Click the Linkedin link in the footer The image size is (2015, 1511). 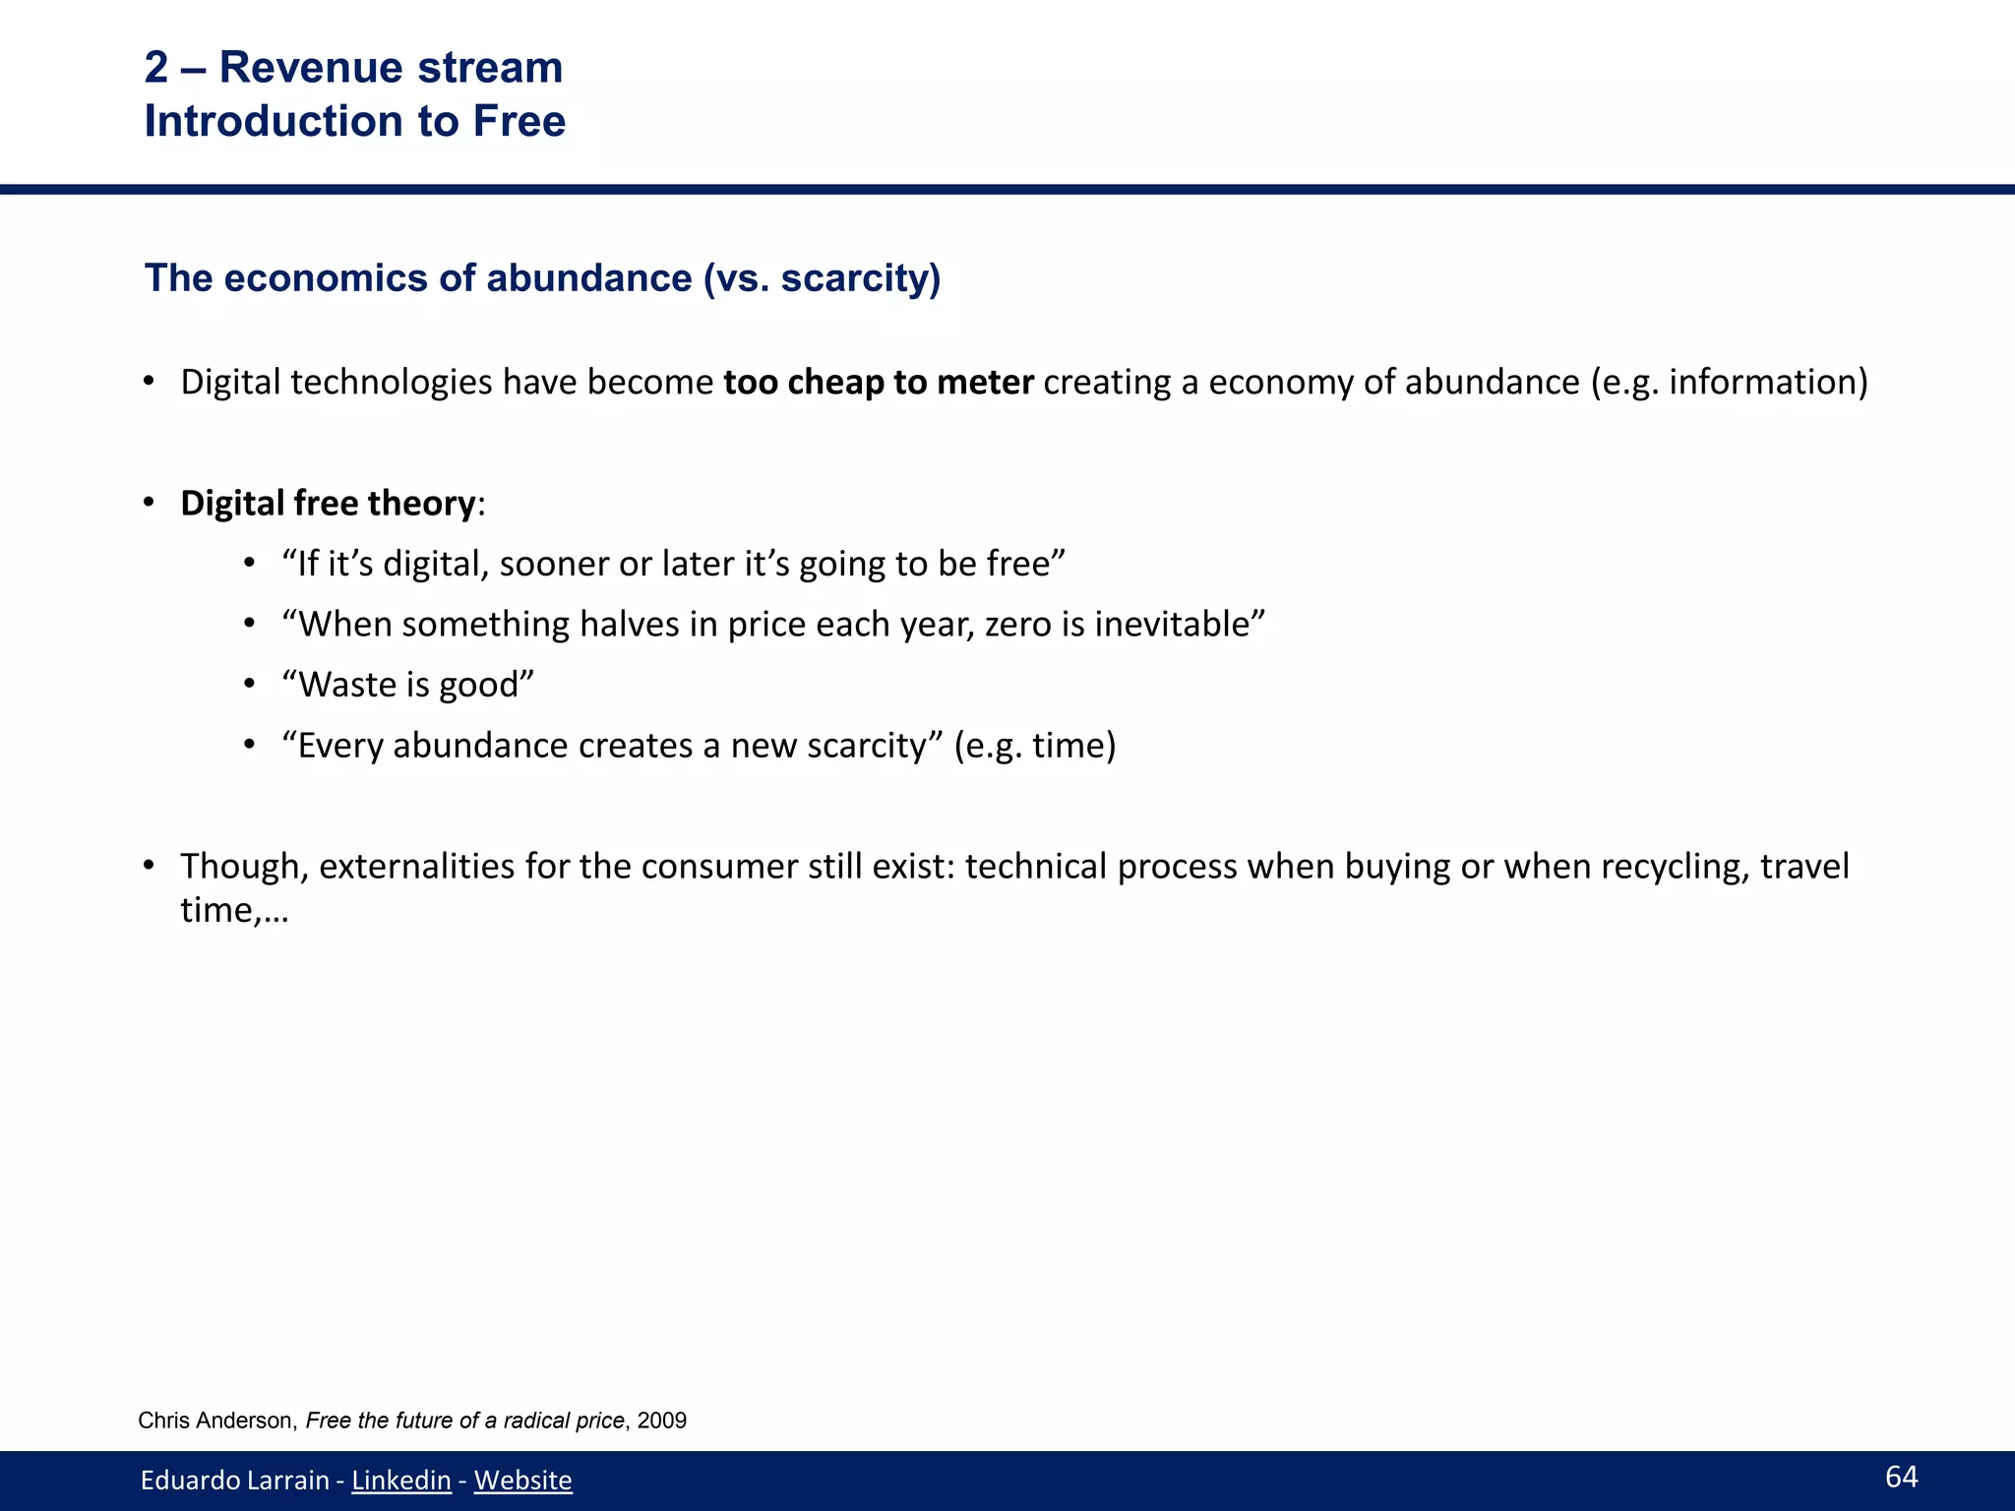point(400,1480)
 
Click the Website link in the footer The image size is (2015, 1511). point(522,1480)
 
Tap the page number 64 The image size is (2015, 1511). point(1901,1477)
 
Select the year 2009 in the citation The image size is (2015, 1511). point(662,1420)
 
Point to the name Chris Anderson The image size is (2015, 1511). point(215,1420)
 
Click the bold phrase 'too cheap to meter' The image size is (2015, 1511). point(878,382)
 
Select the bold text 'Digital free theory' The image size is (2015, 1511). point(328,503)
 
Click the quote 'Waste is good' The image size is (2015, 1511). point(407,685)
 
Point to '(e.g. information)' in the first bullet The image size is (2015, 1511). point(1729,382)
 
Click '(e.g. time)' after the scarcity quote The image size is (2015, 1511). point(1035,746)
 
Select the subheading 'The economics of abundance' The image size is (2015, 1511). point(418,278)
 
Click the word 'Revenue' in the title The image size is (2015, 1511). point(312,68)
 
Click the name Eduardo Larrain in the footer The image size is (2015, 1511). point(234,1480)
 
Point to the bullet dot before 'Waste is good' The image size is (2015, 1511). point(250,685)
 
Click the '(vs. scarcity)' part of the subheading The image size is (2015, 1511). point(822,278)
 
